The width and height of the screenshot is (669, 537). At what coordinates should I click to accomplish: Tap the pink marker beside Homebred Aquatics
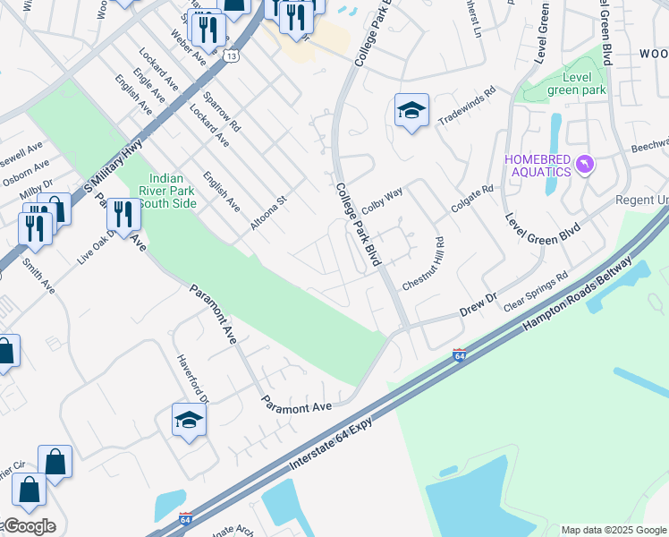click(x=585, y=165)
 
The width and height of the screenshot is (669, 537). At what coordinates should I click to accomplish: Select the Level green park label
click(x=576, y=83)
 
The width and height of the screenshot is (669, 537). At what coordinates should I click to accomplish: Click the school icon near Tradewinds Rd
click(x=411, y=111)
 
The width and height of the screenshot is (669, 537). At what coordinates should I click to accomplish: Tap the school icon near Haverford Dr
click(x=189, y=420)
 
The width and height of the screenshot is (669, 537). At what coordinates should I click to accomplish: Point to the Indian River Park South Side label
click(x=167, y=191)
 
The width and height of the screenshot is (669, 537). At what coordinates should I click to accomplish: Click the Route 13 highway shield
click(x=233, y=55)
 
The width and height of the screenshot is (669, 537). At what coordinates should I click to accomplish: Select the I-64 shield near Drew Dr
click(x=459, y=355)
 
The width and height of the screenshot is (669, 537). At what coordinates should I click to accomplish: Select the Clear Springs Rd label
click(x=536, y=292)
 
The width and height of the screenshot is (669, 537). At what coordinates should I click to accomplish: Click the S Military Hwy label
click(x=113, y=166)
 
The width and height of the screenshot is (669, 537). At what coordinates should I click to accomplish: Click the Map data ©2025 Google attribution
click(x=614, y=529)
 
